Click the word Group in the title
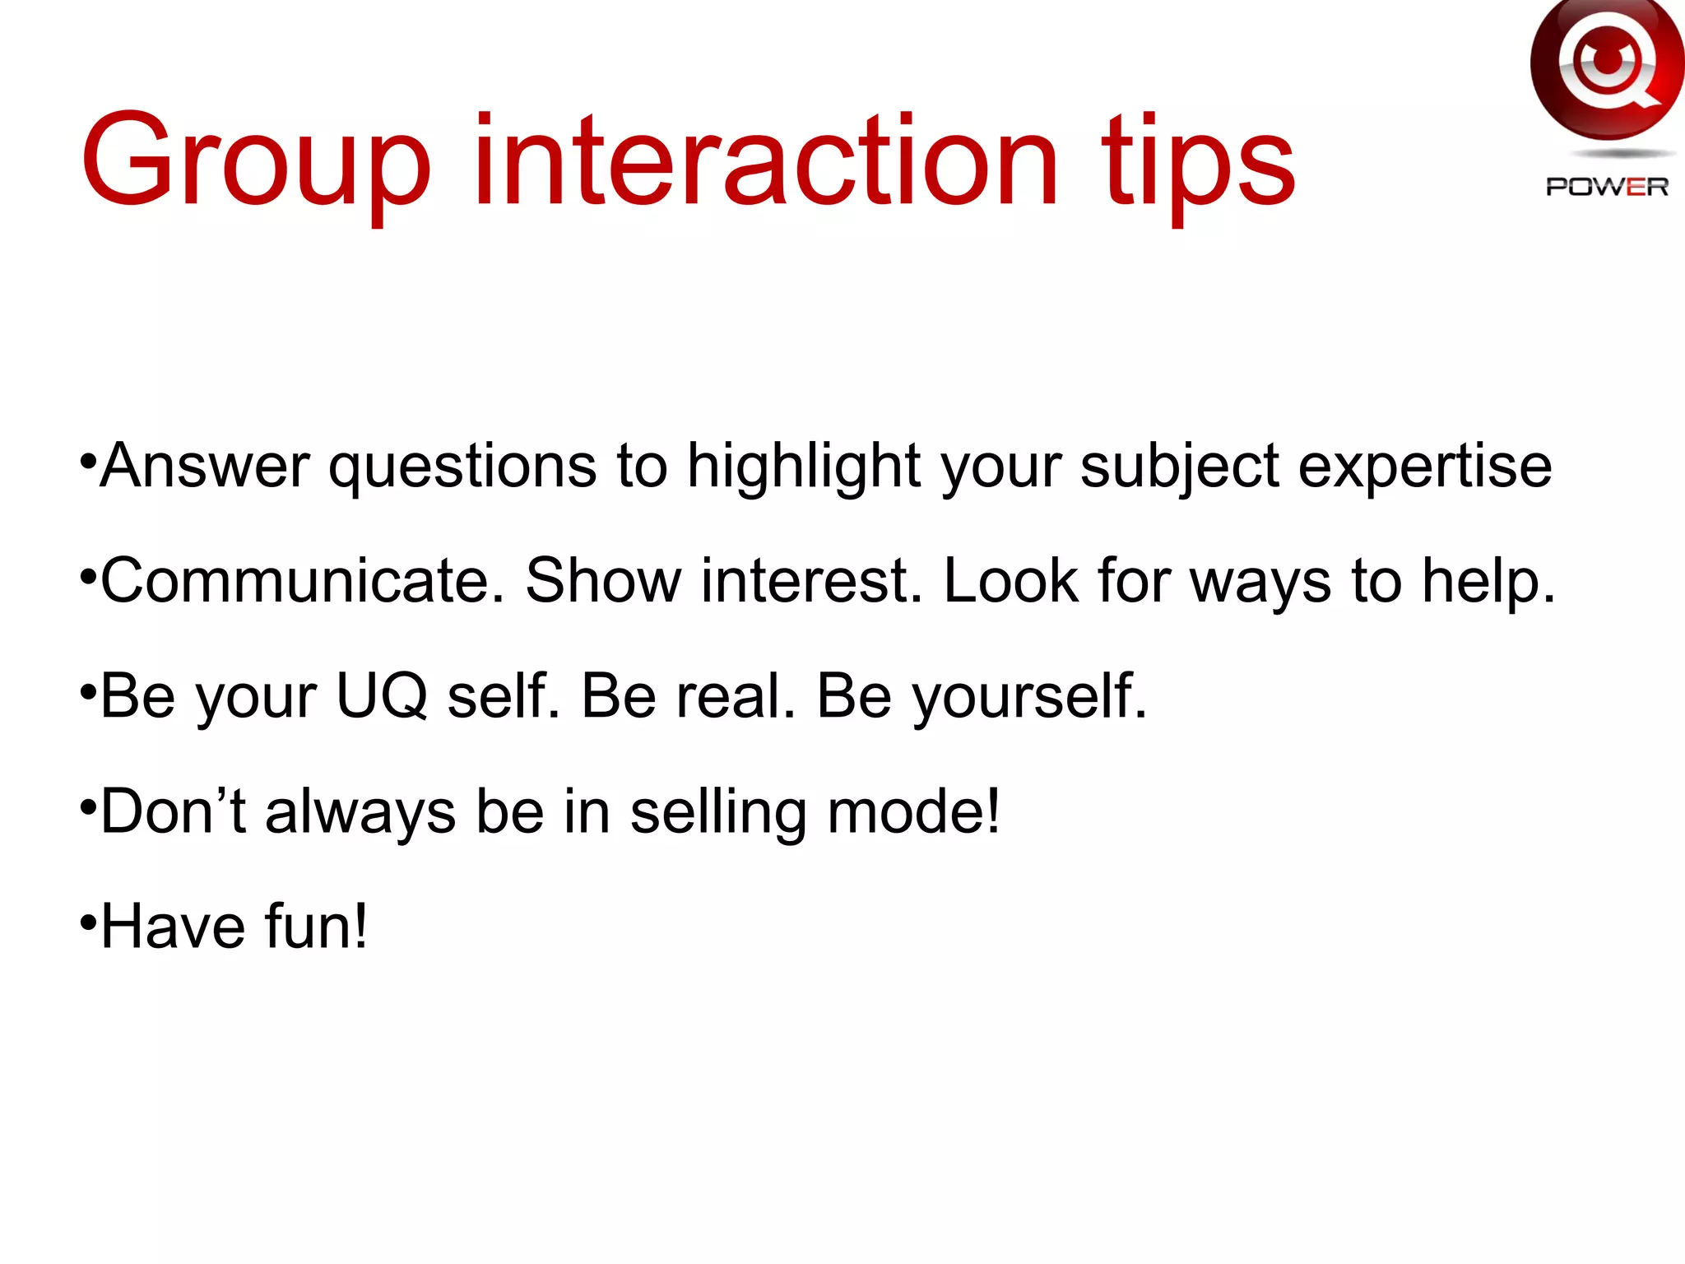[255, 160]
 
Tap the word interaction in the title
[765, 160]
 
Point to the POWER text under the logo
[1607, 188]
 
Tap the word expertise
[1424, 467]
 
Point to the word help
[1489, 581]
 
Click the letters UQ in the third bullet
[382, 696]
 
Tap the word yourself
[1028, 696]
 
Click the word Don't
[173, 811]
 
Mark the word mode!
[914, 811]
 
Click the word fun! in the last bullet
[316, 927]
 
